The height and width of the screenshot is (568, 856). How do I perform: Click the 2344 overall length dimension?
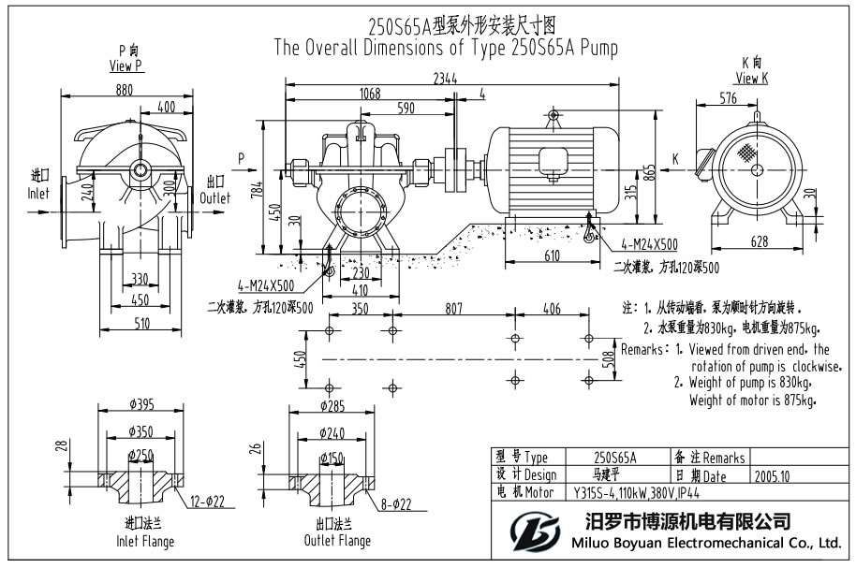[445, 80]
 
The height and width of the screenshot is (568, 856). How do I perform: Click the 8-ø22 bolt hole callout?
[397, 504]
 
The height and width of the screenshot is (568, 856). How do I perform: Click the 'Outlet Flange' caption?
[337, 541]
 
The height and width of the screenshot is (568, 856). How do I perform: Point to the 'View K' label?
[752, 79]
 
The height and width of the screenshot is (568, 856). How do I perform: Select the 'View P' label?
[125, 66]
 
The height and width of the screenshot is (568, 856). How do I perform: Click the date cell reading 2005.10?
[772, 475]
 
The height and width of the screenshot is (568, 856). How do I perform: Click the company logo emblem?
[534, 532]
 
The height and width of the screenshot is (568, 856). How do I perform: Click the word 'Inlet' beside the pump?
[38, 194]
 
